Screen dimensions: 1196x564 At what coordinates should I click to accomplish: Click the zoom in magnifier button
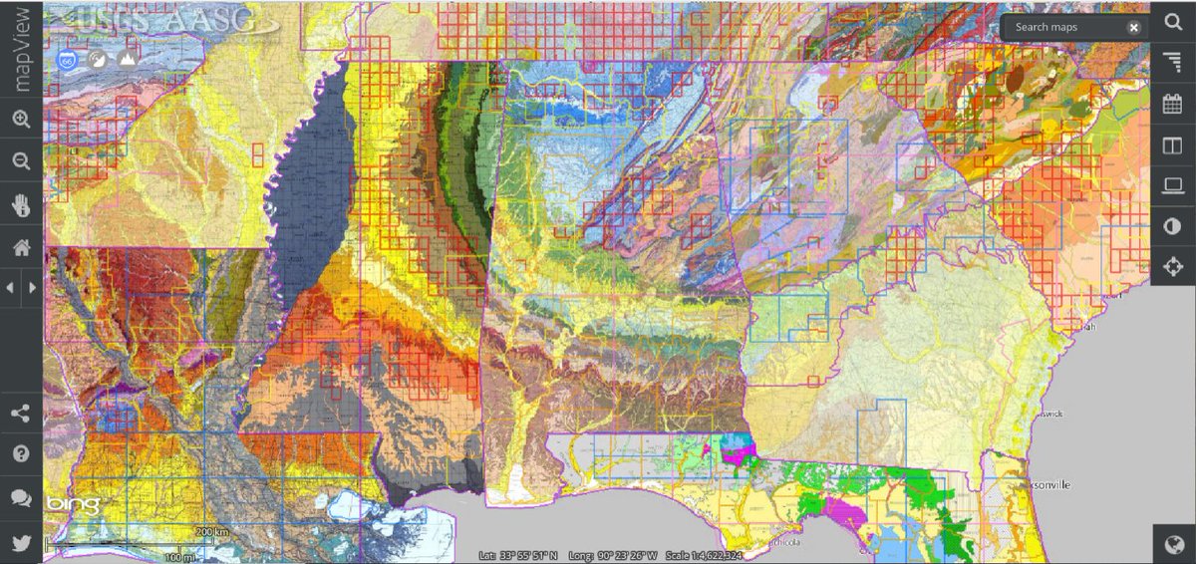click(x=21, y=120)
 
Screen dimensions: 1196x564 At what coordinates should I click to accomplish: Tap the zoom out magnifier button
click(x=21, y=161)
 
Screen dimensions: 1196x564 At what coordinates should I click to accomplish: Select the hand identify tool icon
click(x=21, y=204)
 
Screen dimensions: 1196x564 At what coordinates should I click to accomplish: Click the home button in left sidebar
click(x=21, y=246)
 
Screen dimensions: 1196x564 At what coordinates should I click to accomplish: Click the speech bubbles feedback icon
click(x=21, y=497)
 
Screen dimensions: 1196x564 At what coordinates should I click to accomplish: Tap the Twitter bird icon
click(x=21, y=542)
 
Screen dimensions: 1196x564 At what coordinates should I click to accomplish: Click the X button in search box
click(x=1133, y=27)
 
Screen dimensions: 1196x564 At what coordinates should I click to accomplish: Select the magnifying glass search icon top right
click(x=1173, y=22)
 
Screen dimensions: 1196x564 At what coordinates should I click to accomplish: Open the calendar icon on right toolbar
click(x=1173, y=104)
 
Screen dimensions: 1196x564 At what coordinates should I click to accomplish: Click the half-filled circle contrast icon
click(x=1173, y=226)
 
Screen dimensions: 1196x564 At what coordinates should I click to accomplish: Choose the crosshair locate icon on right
click(x=1173, y=266)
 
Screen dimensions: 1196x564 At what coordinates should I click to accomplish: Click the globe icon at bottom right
click(x=1174, y=544)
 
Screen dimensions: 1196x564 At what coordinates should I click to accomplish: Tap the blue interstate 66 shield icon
click(x=68, y=60)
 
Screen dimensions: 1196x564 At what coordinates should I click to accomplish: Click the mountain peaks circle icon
click(x=127, y=60)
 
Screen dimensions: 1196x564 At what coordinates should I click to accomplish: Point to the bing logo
click(x=72, y=505)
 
